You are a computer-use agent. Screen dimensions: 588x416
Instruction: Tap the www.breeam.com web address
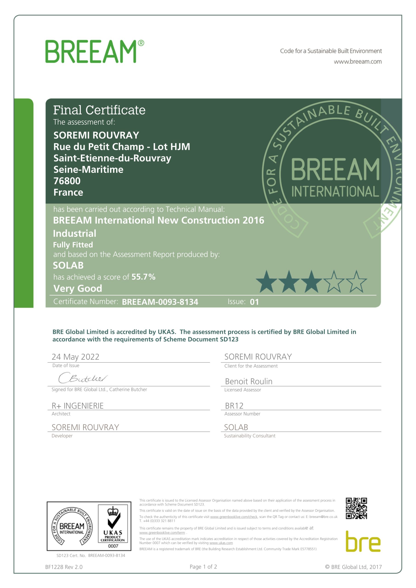point(357,62)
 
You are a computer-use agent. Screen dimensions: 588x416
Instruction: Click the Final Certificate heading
point(99,110)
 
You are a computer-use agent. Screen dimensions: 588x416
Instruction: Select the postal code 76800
point(67,181)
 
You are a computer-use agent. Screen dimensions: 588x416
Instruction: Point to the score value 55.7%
point(143,277)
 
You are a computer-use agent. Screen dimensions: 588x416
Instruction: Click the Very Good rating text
point(78,288)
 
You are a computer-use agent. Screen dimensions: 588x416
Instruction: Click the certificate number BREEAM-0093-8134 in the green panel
point(160,302)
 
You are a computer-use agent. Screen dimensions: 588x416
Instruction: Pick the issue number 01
point(254,302)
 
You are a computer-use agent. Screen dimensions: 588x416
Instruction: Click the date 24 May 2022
point(75,357)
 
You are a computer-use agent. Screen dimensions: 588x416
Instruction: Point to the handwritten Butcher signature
point(83,378)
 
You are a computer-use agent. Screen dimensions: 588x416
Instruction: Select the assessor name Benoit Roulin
point(249,381)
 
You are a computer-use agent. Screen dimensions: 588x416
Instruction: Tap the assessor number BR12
point(234,406)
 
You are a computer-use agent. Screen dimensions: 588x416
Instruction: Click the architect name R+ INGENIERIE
point(78,406)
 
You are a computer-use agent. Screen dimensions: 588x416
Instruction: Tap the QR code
point(356,508)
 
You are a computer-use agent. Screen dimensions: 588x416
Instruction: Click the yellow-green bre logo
point(363,542)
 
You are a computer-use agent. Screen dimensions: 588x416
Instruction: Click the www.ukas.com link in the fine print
point(221,543)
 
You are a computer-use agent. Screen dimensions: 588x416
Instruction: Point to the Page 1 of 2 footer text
point(203,567)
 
